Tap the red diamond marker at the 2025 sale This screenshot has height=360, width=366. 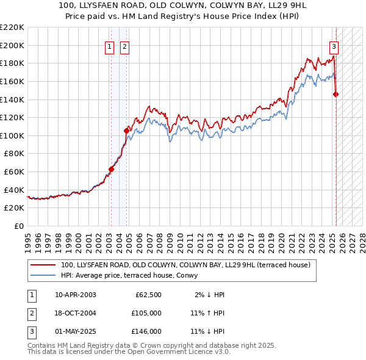(x=336, y=94)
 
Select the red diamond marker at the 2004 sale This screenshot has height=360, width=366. (x=127, y=131)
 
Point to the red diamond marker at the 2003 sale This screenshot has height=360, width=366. (x=111, y=169)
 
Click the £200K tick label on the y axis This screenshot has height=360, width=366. (x=12, y=45)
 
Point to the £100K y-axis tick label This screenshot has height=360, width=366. (x=12, y=135)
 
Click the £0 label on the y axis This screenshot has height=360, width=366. (x=19, y=226)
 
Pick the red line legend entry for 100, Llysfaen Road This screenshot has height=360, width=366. (x=185, y=265)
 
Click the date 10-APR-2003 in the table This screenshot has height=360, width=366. (x=76, y=295)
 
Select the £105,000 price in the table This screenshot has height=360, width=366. (x=146, y=313)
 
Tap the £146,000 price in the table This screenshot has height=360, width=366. (x=146, y=331)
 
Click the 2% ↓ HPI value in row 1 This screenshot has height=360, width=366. (x=210, y=295)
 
